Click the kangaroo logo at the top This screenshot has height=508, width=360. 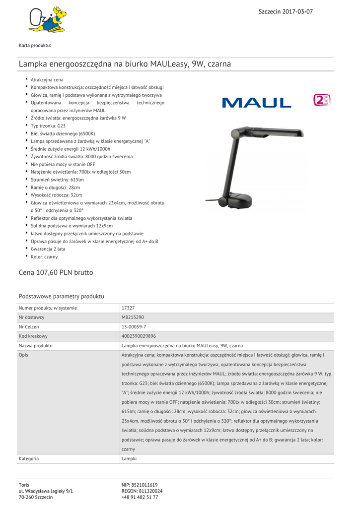[47, 20]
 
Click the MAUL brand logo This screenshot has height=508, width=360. [257, 103]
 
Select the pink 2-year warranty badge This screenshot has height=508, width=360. [322, 100]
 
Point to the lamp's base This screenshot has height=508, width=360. [240, 199]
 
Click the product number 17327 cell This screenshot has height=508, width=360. [128, 308]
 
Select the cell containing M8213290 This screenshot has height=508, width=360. [133, 317]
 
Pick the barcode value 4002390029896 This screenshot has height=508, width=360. [139, 336]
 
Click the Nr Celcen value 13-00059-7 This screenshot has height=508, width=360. [134, 327]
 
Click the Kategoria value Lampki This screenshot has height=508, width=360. [129, 459]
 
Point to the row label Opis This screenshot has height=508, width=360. [24, 355]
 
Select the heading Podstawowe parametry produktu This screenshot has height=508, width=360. [61, 296]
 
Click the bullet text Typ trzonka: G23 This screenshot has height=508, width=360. [48, 126]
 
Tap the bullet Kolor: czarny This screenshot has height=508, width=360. [44, 257]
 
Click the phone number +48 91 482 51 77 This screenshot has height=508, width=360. [140, 497]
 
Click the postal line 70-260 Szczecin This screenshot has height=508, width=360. [36, 497]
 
